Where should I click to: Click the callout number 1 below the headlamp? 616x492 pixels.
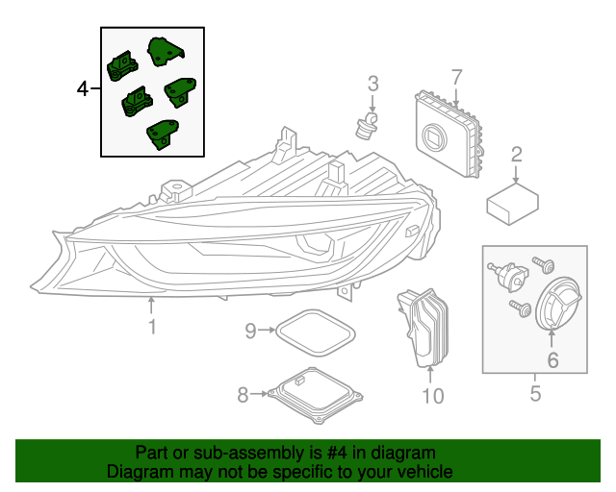tap(151, 329)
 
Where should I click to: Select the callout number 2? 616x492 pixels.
tap(517, 155)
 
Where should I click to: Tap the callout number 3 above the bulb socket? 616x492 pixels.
tap(372, 85)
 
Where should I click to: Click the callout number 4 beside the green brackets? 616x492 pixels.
tap(84, 89)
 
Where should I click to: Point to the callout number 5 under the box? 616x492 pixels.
tap(535, 392)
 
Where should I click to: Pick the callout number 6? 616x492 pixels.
tap(552, 360)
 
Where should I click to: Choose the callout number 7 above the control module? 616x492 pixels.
tap(456, 76)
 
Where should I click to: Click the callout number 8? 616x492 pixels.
tap(243, 393)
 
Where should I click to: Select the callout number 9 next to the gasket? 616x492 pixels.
tap(250, 332)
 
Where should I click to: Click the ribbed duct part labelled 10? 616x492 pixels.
tap(423, 325)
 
